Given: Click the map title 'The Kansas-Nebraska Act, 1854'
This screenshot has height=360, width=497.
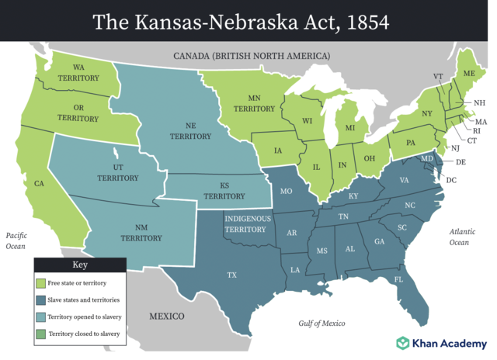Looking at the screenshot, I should pyautogui.click(x=248, y=21).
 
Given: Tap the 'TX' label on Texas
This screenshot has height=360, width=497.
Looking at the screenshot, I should pyautogui.click(x=231, y=275).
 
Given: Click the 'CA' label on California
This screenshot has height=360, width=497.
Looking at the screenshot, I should pyautogui.click(x=39, y=184).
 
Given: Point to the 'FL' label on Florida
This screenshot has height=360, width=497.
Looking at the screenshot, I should pyautogui.click(x=398, y=279).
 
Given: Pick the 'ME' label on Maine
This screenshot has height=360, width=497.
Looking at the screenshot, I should pyautogui.click(x=469, y=73).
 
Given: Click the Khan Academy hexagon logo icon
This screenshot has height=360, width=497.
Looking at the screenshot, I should pyautogui.click(x=403, y=342).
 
